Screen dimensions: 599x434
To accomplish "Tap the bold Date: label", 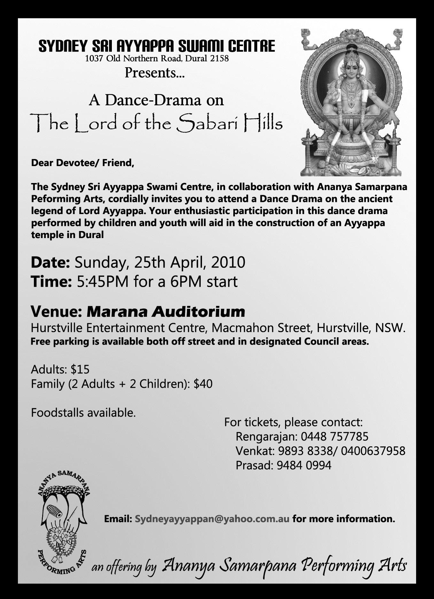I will [x=50, y=262].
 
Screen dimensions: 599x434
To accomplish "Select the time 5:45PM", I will [x=103, y=282].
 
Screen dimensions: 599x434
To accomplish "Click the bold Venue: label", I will [x=57, y=311].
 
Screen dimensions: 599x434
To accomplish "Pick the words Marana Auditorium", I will [x=166, y=311].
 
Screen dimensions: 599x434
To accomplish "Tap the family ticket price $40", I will [x=203, y=384].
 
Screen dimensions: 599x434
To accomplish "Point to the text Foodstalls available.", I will [x=83, y=413].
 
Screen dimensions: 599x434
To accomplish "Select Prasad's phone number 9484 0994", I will [x=304, y=465].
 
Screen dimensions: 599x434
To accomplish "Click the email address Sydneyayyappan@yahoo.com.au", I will [x=212, y=519].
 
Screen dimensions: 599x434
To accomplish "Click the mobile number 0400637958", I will [x=373, y=451].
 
